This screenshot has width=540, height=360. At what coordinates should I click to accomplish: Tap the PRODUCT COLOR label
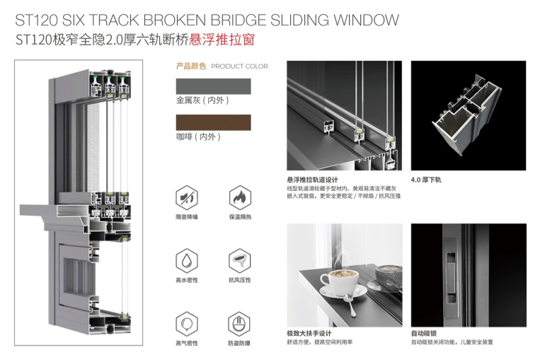pyautogui.click(x=240, y=66)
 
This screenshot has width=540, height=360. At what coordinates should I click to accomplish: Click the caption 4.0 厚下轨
pyautogui.click(x=427, y=180)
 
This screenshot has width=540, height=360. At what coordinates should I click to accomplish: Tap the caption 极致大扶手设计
pyautogui.click(x=309, y=333)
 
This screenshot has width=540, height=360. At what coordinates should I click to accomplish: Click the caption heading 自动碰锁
pyautogui.click(x=423, y=333)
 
